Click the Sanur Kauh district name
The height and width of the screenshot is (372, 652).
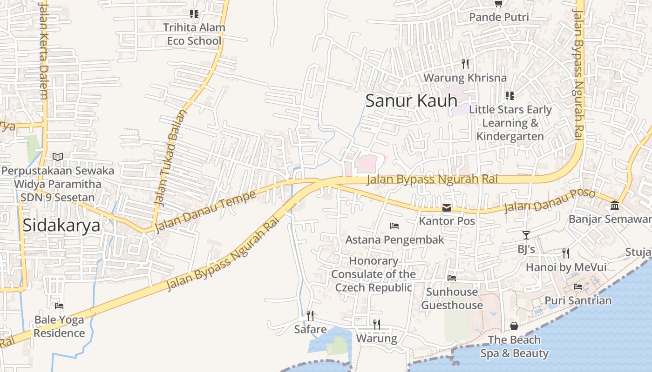coord(411,101)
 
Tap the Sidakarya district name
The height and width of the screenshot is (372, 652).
coord(61,226)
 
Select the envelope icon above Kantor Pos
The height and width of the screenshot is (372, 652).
coord(447,207)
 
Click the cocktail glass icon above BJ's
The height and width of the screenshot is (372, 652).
coord(526,235)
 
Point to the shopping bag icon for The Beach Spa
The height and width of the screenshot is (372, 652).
coord(514,326)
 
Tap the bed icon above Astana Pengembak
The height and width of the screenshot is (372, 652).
coord(394,226)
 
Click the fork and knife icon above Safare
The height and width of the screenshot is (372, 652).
coord(310,316)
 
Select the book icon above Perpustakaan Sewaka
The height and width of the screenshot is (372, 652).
coord(58,157)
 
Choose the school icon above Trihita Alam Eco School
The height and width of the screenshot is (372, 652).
coord(194,14)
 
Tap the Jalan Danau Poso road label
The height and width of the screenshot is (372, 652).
coord(550,201)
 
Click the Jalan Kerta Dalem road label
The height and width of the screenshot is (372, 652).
coord(43,51)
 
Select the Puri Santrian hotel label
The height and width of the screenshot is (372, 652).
coord(578,300)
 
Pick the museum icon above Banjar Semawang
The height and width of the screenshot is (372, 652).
coord(615,205)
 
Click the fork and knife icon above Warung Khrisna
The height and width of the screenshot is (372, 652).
coord(465,64)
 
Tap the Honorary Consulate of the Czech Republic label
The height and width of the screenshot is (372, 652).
coord(374,274)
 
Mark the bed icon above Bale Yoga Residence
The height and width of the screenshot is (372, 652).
coord(59,306)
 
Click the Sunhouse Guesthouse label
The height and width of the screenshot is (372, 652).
coord(452,299)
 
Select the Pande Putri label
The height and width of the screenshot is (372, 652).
coord(499,17)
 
